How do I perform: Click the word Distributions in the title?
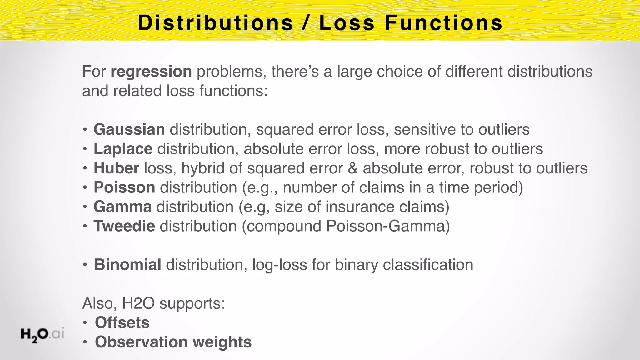[x=215, y=23]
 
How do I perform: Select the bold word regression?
[x=151, y=72]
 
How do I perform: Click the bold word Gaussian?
[x=129, y=129]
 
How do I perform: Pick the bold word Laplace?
[x=123, y=149]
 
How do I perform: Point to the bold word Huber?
[x=116, y=168]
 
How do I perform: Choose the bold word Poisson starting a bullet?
[x=124, y=187]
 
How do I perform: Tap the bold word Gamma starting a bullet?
[x=123, y=207]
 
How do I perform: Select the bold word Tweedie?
[x=124, y=226]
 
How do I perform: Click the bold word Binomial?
[x=128, y=265]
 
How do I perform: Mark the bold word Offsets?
[x=122, y=323]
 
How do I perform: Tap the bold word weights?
[x=222, y=342]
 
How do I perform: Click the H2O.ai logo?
[x=42, y=335]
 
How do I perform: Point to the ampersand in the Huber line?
[x=353, y=168]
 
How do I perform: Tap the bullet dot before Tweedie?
[x=85, y=226]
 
